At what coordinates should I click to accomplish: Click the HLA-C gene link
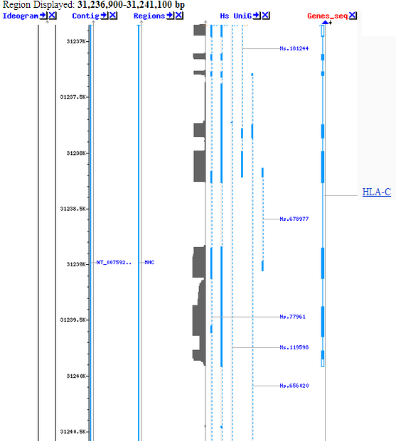(377, 192)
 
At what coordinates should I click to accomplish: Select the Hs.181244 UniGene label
(294, 49)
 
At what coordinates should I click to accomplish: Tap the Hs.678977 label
(294, 219)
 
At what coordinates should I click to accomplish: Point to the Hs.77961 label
(292, 317)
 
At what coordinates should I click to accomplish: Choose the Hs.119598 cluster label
(294, 347)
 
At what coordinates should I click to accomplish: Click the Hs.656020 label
(294, 386)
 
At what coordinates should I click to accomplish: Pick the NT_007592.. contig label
(114, 263)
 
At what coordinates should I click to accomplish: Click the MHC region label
(149, 263)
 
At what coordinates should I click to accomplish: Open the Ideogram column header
(21, 16)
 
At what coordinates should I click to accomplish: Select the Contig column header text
(85, 16)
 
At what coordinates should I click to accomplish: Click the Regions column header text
(149, 16)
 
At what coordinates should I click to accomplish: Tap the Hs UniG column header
(236, 16)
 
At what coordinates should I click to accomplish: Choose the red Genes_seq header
(328, 16)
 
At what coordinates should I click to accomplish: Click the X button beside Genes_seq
(353, 16)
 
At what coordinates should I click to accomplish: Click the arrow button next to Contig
(105, 16)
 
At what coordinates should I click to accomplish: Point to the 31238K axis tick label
(76, 153)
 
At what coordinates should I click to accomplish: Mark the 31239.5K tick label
(73, 320)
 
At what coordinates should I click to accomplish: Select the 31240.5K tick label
(73, 432)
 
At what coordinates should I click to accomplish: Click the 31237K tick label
(76, 42)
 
